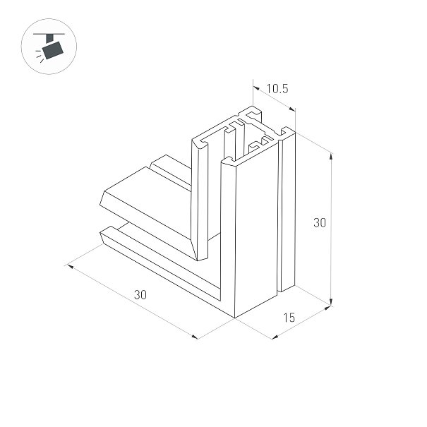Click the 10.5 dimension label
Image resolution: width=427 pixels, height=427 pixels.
click(x=277, y=89)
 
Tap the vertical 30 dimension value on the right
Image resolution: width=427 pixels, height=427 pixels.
click(x=320, y=222)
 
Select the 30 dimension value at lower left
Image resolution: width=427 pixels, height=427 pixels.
click(x=140, y=294)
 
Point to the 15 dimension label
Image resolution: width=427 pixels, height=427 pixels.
click(x=289, y=318)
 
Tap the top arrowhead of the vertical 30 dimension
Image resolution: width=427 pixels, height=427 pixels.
click(x=331, y=156)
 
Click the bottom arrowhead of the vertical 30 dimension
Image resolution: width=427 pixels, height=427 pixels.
click(x=331, y=303)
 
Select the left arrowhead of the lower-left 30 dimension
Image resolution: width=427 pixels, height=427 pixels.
click(x=71, y=266)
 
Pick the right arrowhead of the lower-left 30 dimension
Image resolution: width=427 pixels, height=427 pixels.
click(x=195, y=337)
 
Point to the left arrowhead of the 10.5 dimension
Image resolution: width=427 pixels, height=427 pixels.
click(x=256, y=88)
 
